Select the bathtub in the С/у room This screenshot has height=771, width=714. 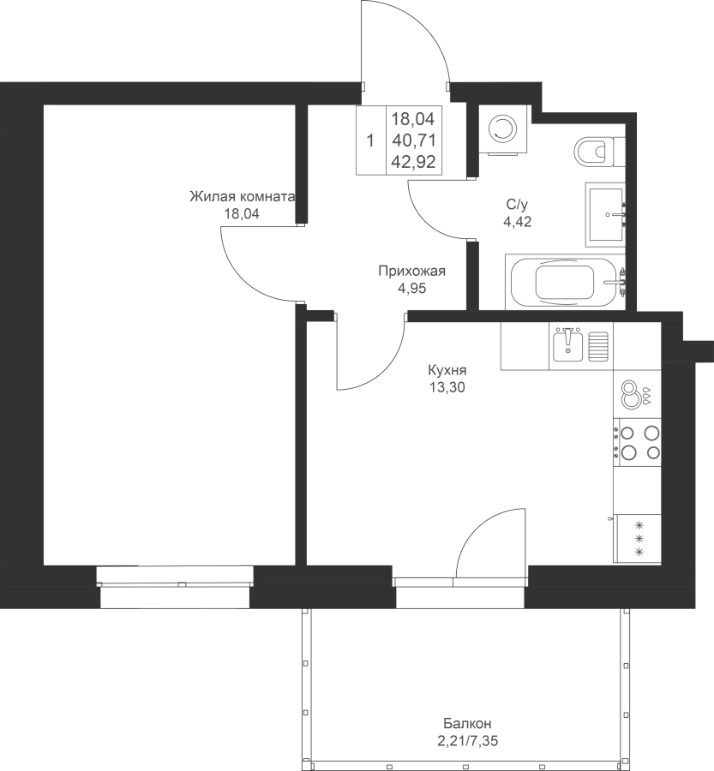[x=566, y=282]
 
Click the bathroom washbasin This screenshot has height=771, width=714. [x=605, y=214]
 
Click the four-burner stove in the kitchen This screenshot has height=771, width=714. [x=637, y=442]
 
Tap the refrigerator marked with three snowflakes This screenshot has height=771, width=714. [x=637, y=539]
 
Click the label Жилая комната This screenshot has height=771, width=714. [x=242, y=197]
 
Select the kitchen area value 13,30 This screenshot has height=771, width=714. [x=447, y=388]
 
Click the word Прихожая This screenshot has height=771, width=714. [x=412, y=271]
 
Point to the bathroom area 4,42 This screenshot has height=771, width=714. [x=517, y=222]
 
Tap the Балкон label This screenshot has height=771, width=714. [x=467, y=724]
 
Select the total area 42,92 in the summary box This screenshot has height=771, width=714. [x=414, y=162]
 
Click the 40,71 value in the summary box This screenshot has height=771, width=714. [x=414, y=140]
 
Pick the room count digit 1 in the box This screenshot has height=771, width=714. [x=370, y=141]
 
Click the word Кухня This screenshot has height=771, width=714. [x=447, y=370]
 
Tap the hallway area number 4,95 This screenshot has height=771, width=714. [x=412, y=289]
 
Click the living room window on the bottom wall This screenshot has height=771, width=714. [x=175, y=587]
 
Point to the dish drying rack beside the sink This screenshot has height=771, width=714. [x=598, y=346]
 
